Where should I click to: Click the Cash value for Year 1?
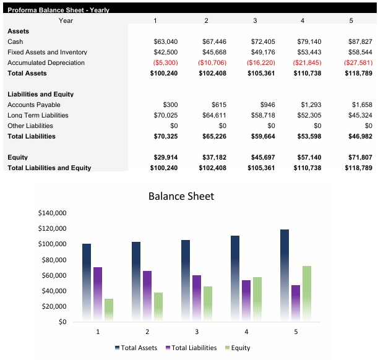point(165,41)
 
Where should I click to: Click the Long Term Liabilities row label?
point(38,116)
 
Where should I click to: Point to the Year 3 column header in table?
point(255,20)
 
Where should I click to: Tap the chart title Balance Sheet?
point(181,196)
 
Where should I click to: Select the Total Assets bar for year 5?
point(284,275)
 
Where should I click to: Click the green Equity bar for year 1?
point(109,310)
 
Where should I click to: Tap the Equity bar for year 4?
point(257,299)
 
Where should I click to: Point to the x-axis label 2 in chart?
point(147,332)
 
